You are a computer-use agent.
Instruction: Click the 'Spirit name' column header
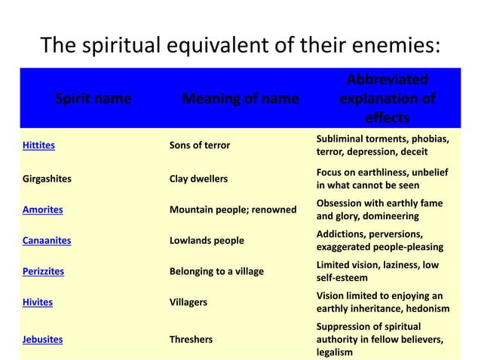click(93, 99)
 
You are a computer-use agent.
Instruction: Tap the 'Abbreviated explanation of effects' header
click(387, 99)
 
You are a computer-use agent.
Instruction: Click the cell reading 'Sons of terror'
click(199, 145)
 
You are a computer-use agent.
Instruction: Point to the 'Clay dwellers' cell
click(198, 179)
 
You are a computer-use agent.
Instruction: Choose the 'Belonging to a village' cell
click(216, 271)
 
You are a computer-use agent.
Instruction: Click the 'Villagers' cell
click(187, 302)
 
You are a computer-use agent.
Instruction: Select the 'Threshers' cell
click(190, 340)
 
